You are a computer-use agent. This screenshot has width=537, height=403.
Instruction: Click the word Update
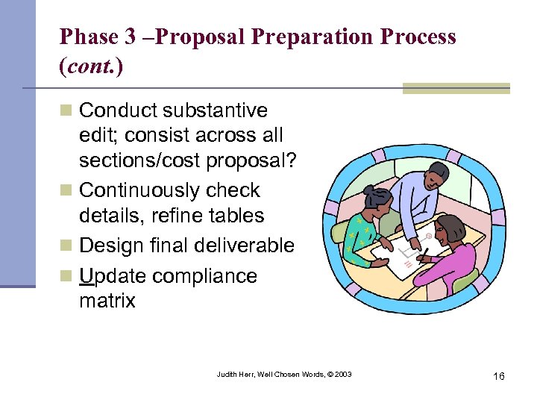[114, 276]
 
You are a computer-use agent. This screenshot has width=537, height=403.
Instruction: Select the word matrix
[107, 301]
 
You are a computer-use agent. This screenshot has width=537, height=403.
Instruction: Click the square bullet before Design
[66, 246]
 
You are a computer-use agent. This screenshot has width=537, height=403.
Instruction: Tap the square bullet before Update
[66, 276]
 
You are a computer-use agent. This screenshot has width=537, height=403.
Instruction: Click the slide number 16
[498, 376]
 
